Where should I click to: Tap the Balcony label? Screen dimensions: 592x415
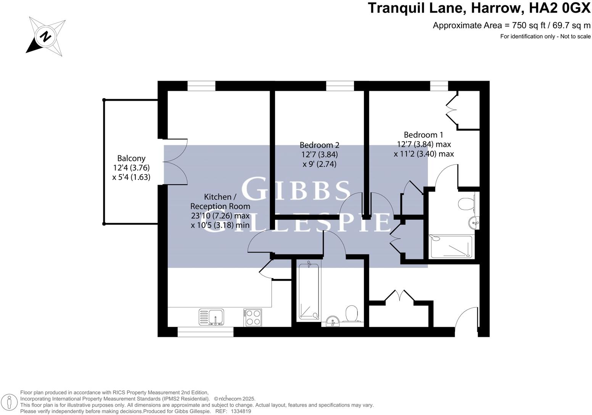click(131, 158)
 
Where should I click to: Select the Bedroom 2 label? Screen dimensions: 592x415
click(319, 145)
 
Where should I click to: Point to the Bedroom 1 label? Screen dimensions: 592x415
click(423, 135)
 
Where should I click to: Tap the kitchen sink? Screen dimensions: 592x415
click(212, 317)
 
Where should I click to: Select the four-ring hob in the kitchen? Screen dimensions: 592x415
click(253, 317)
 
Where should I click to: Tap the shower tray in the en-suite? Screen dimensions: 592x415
click(451, 246)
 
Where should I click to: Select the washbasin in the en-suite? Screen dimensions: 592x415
click(474, 222)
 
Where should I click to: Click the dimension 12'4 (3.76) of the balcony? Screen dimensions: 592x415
click(131, 168)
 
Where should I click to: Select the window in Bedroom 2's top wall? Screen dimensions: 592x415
click(340, 86)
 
